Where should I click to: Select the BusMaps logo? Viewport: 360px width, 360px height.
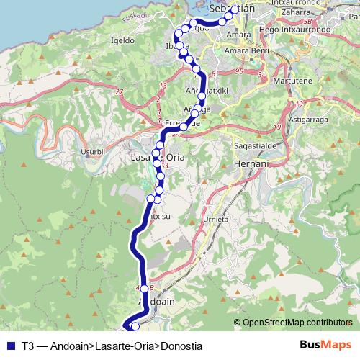pos(325,344)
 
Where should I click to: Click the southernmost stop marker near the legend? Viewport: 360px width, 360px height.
pos(135,328)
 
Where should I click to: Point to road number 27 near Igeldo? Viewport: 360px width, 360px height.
pos(119,92)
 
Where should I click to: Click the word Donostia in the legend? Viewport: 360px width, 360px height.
pos(181,345)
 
